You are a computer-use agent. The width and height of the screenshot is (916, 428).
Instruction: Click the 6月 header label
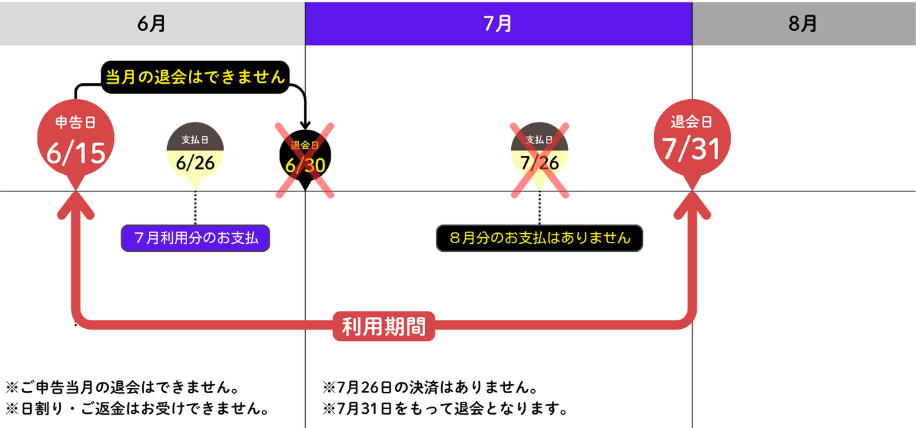(152, 23)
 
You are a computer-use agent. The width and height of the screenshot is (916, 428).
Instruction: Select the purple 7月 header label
(498, 23)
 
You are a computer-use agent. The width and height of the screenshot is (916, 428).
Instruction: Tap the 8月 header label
(803, 23)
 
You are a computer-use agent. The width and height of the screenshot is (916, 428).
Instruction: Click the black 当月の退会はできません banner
(195, 77)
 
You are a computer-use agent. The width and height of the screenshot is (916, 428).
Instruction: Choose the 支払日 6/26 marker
(195, 153)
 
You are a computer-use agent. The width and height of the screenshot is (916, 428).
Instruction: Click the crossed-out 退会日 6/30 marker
(305, 157)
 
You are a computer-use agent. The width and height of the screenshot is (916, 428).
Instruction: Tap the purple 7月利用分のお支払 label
(195, 238)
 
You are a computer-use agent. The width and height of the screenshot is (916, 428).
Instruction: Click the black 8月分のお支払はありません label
(539, 238)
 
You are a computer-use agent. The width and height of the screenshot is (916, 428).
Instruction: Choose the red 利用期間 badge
(384, 326)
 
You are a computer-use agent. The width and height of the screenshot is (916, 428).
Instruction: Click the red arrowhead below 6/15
(76, 204)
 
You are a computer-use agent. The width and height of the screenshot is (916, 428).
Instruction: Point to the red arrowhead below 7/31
(692, 204)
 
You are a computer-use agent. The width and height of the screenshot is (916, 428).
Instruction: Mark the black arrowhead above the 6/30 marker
(305, 125)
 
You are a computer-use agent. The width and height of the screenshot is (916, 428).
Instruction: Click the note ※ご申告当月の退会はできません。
(122, 387)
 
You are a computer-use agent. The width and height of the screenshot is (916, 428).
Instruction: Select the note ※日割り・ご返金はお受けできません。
(137, 409)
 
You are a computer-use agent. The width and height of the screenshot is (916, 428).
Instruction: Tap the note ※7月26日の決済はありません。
(430, 387)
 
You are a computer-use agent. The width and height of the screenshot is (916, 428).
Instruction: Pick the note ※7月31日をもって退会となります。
(445, 409)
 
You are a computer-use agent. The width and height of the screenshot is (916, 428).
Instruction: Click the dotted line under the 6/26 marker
(195, 208)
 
